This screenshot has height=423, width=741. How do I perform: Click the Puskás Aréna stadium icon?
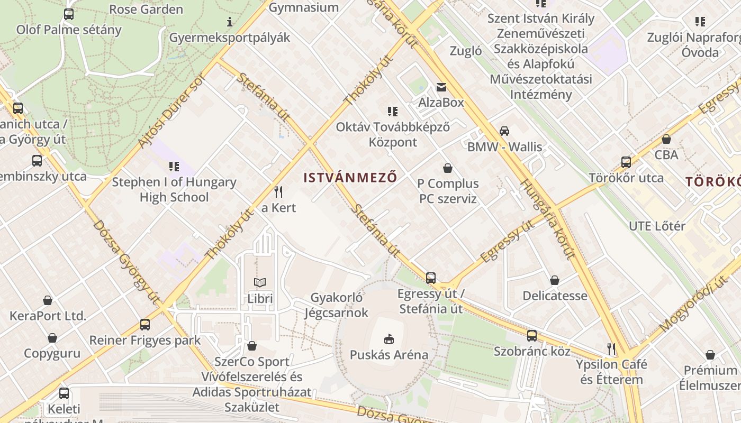(388, 338)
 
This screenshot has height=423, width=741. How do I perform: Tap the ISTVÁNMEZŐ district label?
(350, 178)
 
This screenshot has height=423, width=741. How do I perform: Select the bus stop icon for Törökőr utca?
(626, 162)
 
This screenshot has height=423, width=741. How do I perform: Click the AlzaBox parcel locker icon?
(441, 87)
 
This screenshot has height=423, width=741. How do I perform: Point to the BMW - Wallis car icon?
(504, 131)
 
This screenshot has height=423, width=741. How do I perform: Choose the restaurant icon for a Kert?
(278, 191)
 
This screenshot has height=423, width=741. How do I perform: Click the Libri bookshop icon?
(260, 283)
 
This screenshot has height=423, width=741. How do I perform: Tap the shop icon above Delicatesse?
(555, 280)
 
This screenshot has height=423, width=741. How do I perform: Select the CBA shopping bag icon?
(666, 140)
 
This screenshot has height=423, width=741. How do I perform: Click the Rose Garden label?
(146, 9)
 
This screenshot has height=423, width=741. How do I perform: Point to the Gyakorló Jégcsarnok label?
(337, 305)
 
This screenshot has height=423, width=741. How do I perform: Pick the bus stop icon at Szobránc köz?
(532, 336)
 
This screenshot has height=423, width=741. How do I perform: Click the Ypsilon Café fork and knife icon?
(611, 349)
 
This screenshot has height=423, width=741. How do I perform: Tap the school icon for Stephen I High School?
(174, 167)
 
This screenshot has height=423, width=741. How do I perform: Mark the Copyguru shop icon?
(52, 338)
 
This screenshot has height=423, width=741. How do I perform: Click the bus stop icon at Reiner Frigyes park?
(145, 325)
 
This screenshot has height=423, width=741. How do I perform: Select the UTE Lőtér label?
(657, 226)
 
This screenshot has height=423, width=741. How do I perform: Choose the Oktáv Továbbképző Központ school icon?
(392, 112)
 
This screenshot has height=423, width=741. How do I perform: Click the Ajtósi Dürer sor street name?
(170, 109)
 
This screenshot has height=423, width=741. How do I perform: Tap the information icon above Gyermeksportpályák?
(230, 22)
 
